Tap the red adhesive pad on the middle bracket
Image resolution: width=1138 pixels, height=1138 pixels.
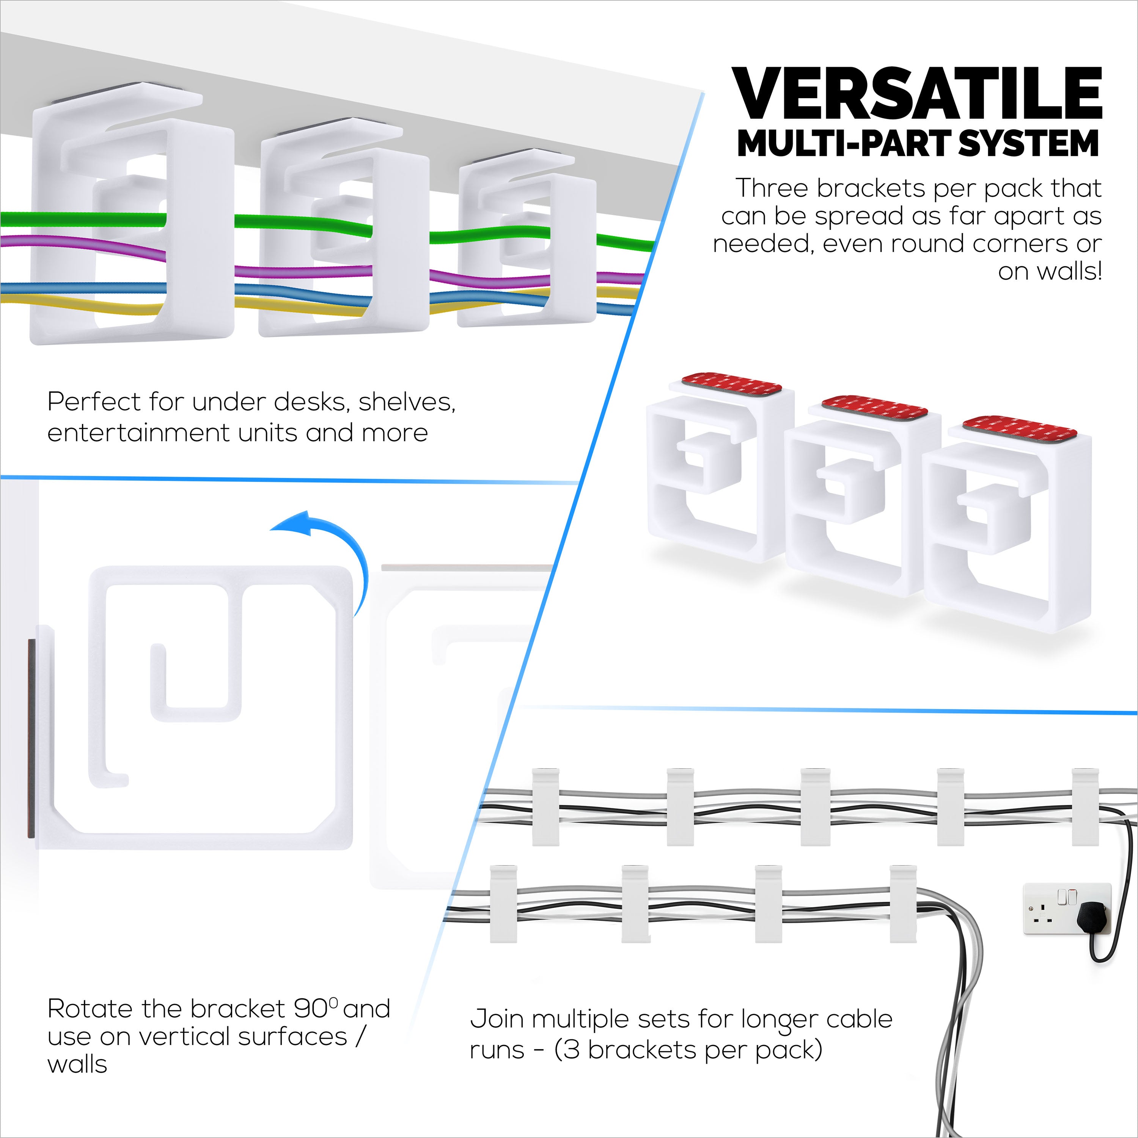click(875, 409)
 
